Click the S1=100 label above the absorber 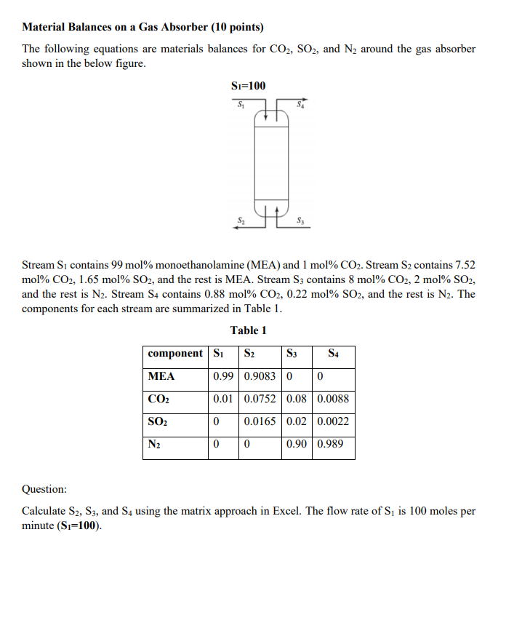(x=248, y=86)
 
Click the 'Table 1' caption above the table (x=249, y=330)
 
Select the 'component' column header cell (x=175, y=354)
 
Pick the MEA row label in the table (x=161, y=376)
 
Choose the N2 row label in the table (x=154, y=444)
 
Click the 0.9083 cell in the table (x=260, y=376)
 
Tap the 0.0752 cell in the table (x=260, y=399)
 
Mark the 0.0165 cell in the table (x=260, y=421)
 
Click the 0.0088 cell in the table (x=333, y=399)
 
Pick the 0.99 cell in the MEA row (x=223, y=376)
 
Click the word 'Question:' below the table (x=44, y=489)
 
